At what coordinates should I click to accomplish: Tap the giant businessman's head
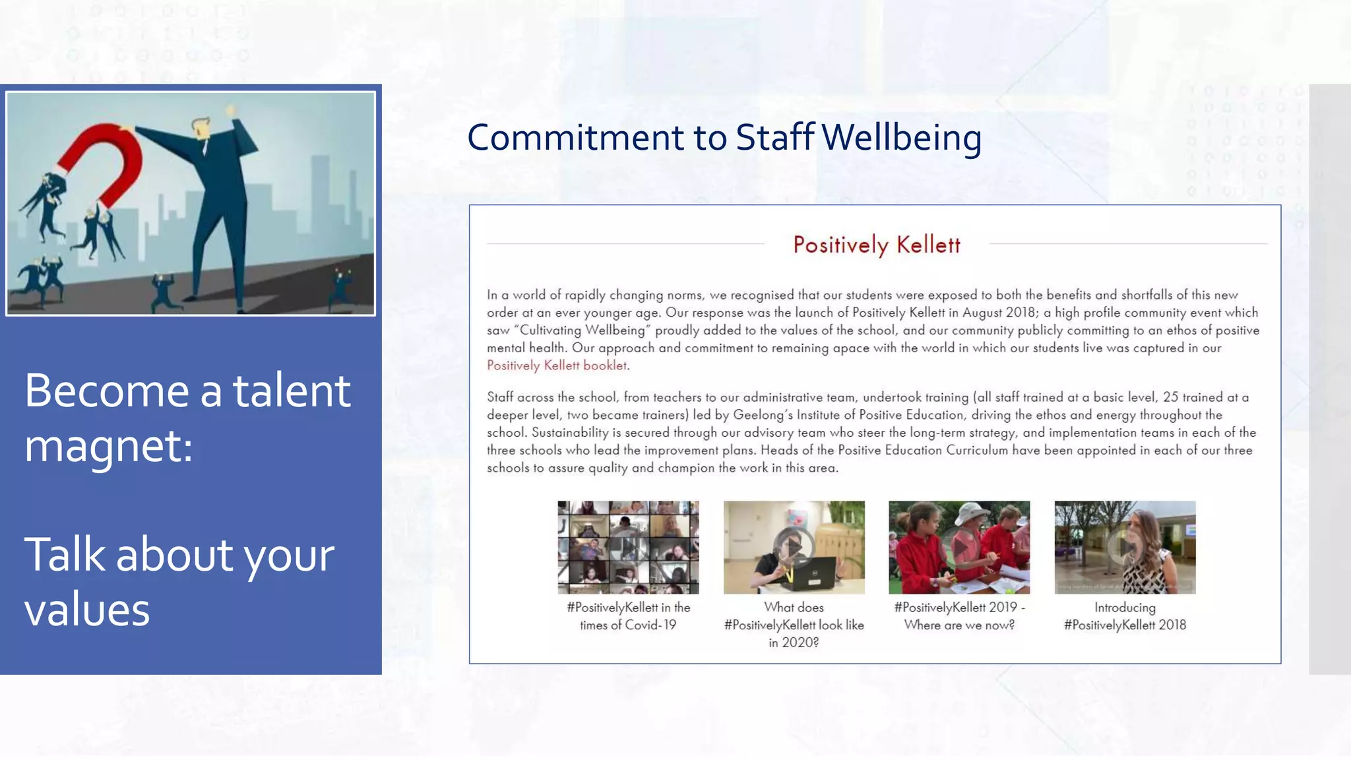[x=203, y=128]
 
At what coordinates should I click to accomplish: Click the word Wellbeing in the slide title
[x=902, y=138]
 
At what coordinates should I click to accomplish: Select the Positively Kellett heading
[x=876, y=245]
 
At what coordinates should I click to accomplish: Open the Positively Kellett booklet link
[x=557, y=365]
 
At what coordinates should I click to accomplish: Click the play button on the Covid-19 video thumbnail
[x=628, y=547]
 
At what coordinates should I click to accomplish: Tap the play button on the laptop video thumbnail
[x=794, y=546]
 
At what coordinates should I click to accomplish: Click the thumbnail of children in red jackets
[x=959, y=547]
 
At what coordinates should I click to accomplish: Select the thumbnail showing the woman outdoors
[x=1125, y=547]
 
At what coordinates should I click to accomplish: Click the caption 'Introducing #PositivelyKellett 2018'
[x=1125, y=616]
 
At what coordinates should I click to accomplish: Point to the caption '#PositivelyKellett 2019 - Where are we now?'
[x=959, y=616]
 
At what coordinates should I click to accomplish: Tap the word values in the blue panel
[x=87, y=609]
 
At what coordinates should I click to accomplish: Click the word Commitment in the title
[x=576, y=138]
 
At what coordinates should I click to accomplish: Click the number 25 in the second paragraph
[x=1170, y=397]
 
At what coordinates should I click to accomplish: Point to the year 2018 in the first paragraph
[x=1020, y=313]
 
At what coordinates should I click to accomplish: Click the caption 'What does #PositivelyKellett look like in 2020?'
[x=794, y=625]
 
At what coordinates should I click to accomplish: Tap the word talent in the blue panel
[x=292, y=391]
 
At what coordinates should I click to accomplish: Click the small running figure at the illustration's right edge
[x=341, y=288]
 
